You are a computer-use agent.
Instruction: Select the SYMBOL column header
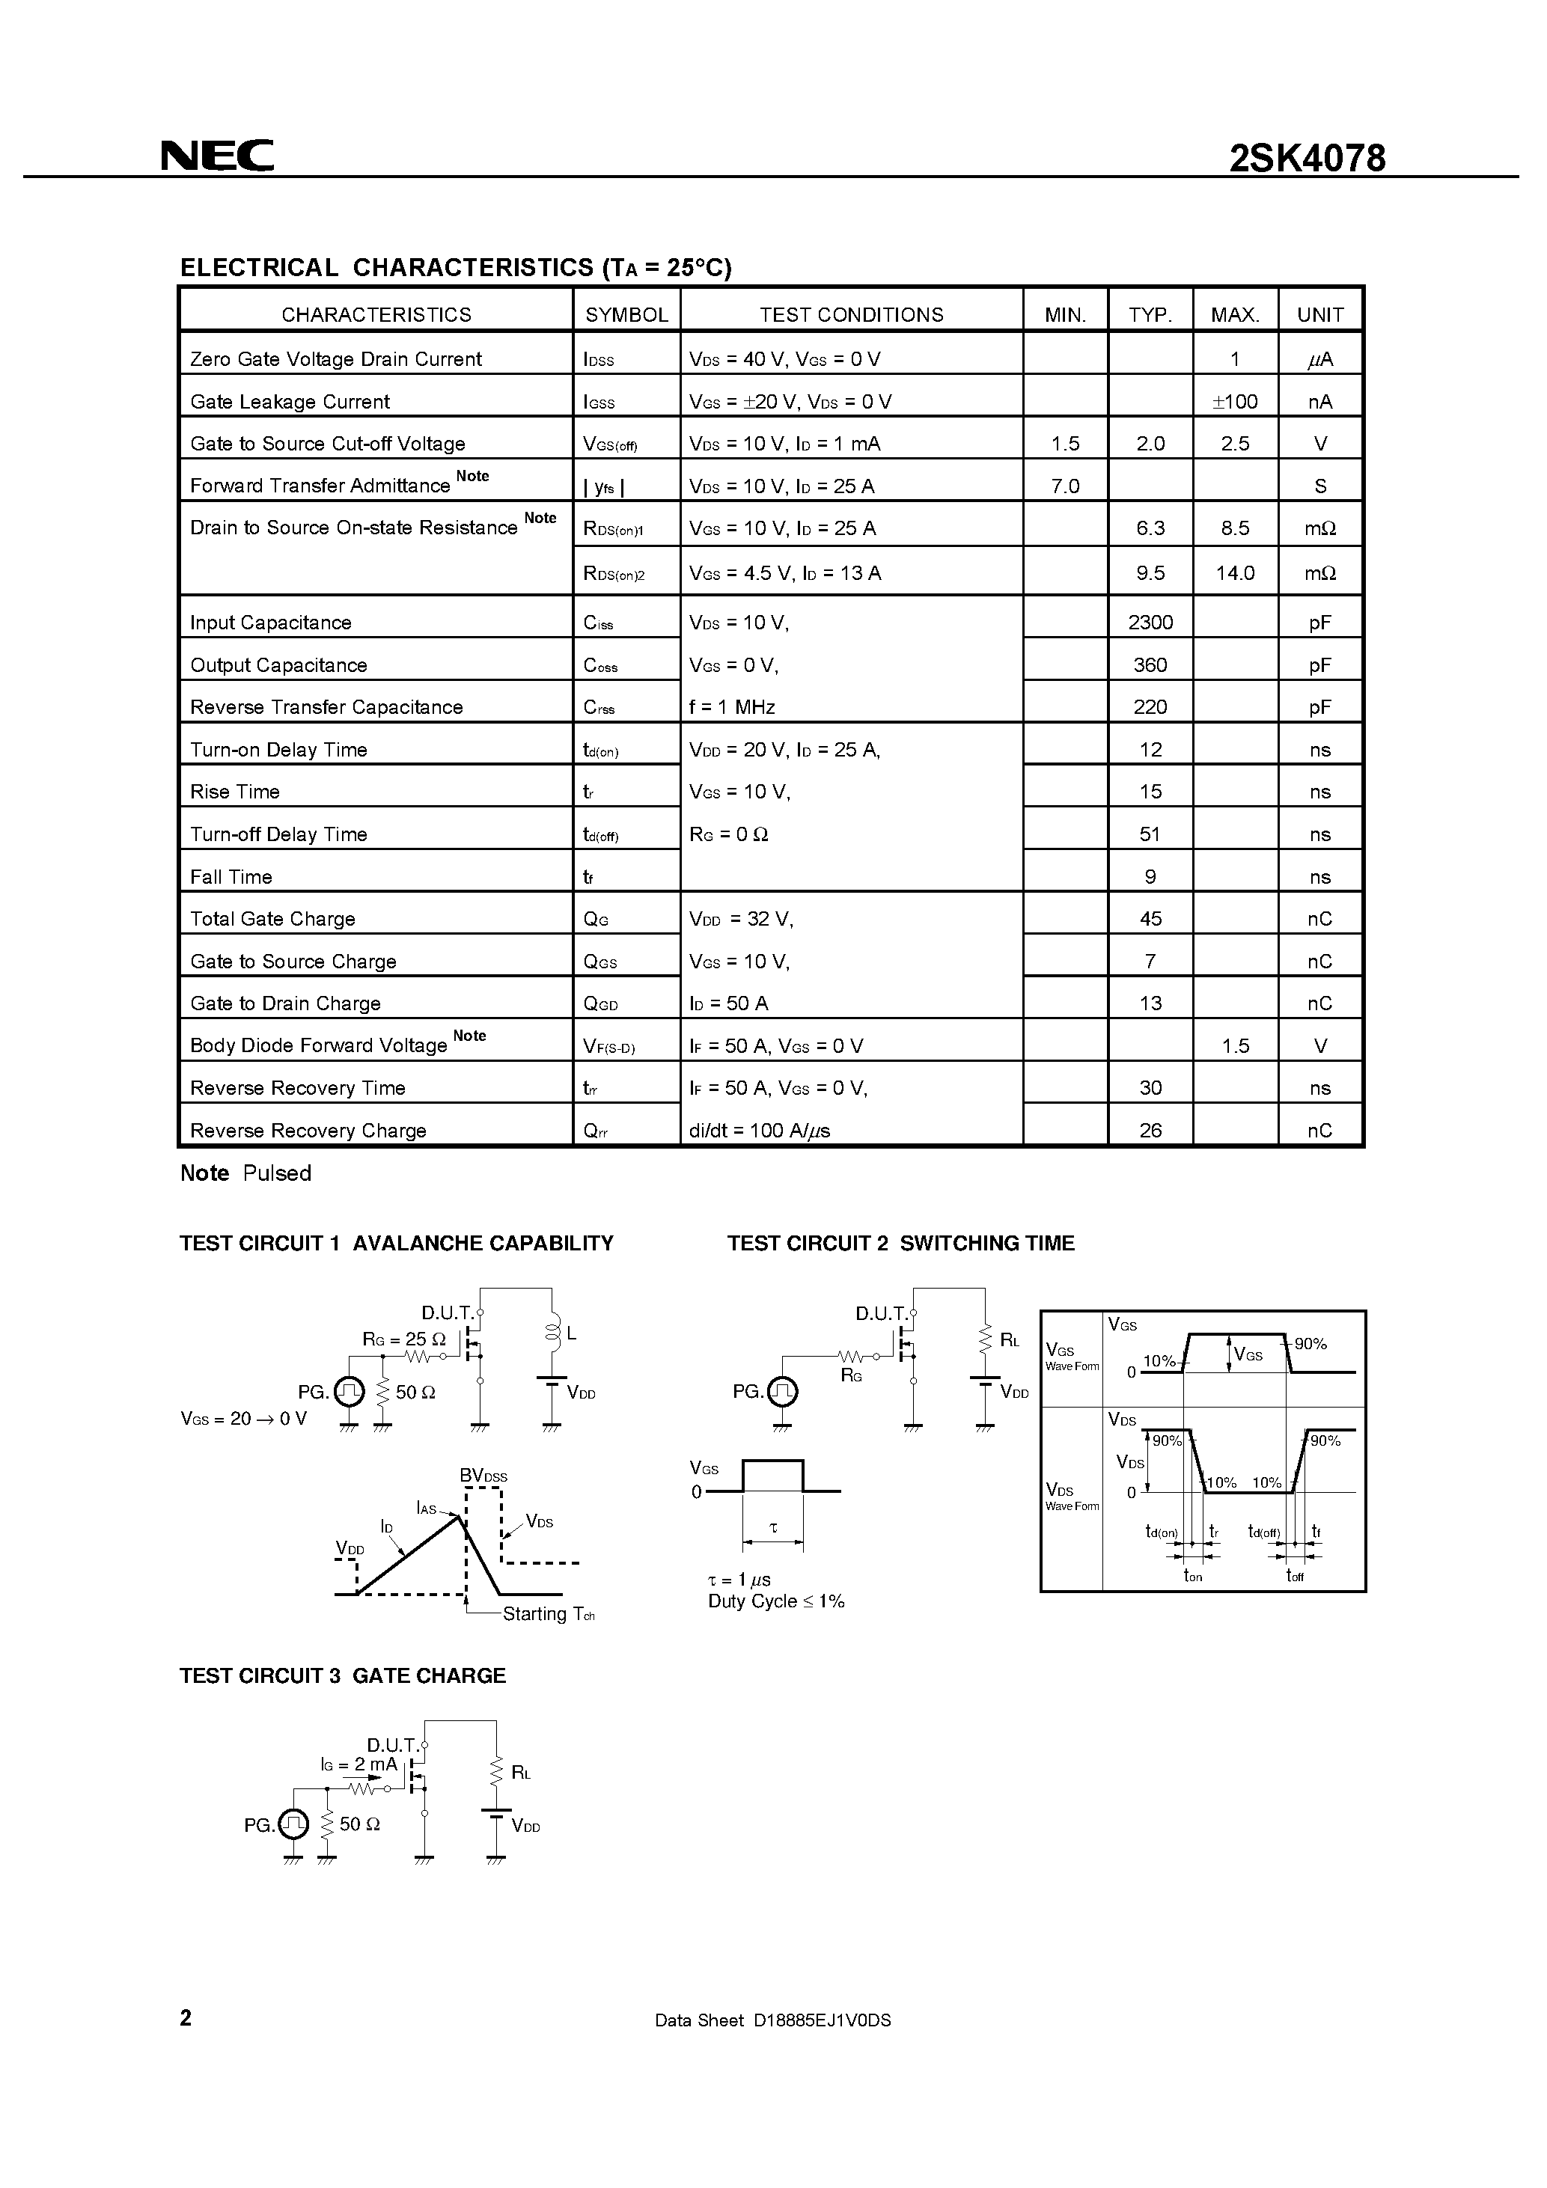click(626, 314)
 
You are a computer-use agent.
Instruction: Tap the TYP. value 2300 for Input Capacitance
click(1150, 623)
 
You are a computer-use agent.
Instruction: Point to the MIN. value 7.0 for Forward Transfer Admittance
click(1065, 486)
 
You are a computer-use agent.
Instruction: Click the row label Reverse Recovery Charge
click(308, 1130)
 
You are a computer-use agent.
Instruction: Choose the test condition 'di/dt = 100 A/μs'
click(760, 1130)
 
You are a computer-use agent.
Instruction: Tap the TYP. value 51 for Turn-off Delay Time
click(1150, 834)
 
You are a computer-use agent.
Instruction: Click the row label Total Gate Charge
click(272, 919)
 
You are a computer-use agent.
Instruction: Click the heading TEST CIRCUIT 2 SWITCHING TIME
click(901, 1243)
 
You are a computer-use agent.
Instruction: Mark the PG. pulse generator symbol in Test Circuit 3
click(295, 1824)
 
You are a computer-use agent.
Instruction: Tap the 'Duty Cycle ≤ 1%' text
click(776, 1601)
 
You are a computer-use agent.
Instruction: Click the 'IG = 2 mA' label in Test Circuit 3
click(359, 1764)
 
